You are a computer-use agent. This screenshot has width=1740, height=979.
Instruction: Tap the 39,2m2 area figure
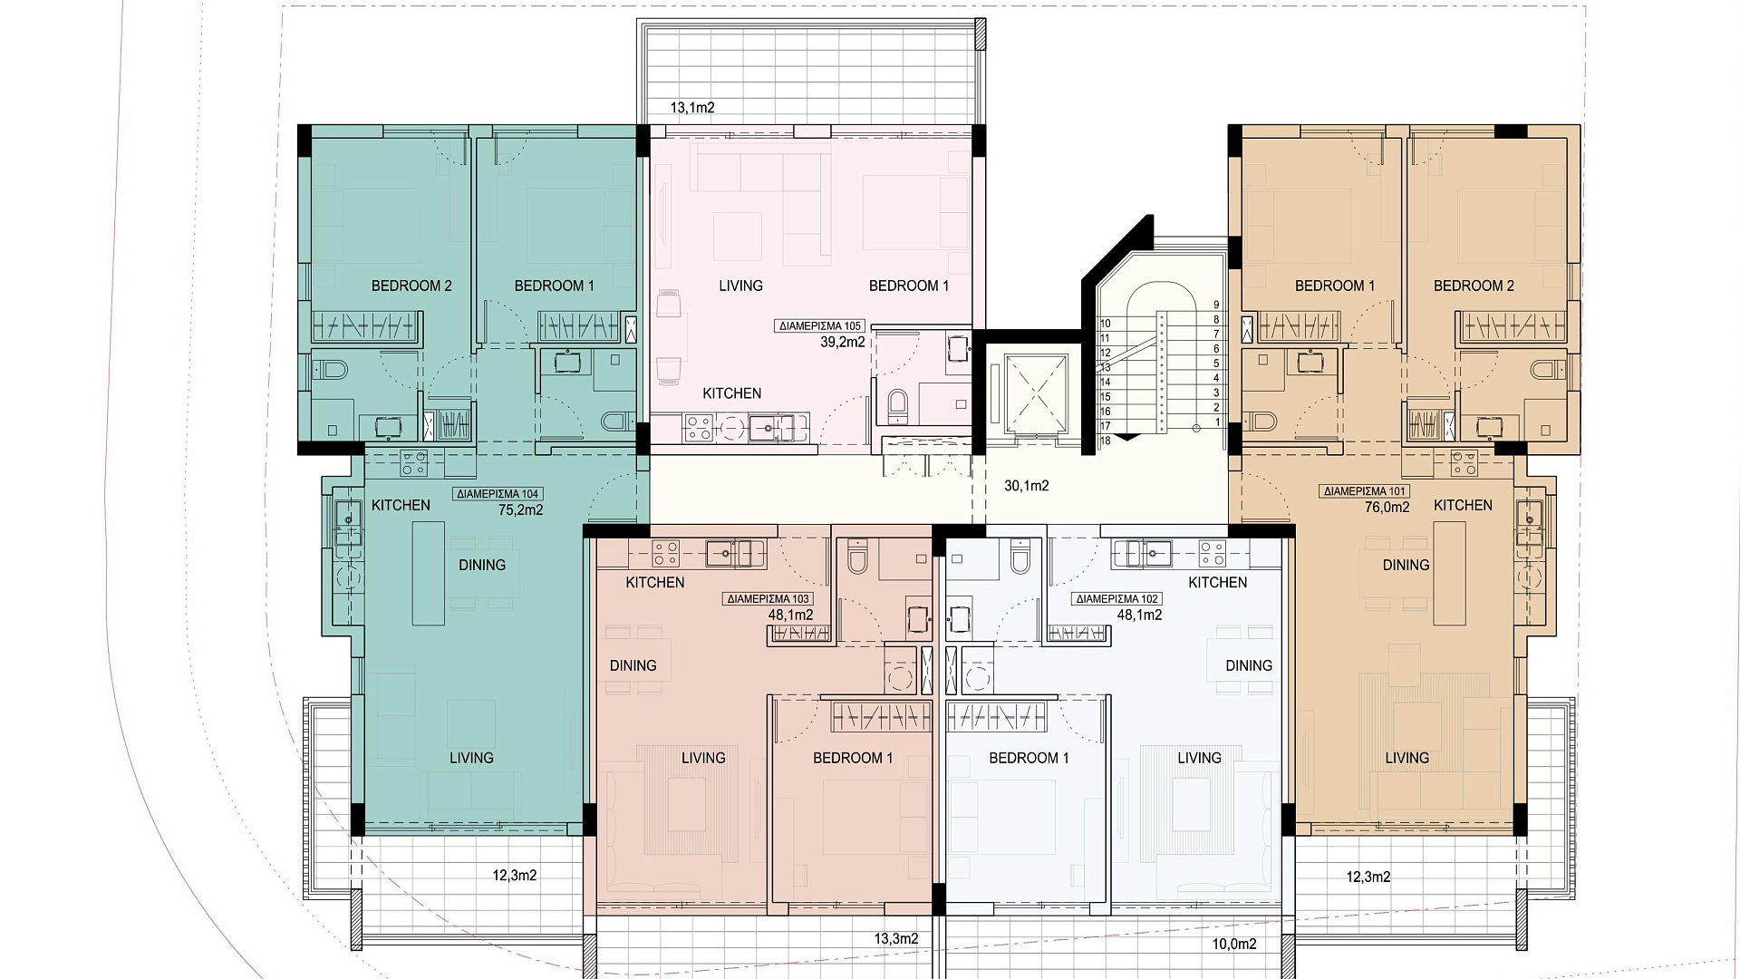[x=843, y=343]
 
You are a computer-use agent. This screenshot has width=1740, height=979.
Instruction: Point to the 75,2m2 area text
[x=520, y=509]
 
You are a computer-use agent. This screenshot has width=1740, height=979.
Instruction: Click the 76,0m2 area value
[x=1387, y=508]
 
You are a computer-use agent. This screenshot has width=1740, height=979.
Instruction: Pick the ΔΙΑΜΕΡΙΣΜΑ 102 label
[x=1116, y=599]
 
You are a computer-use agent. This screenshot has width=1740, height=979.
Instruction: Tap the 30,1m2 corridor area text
[x=1027, y=486]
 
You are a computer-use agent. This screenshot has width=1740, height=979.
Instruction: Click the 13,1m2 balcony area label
[x=692, y=108]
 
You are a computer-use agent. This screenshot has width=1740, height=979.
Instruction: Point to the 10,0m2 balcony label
[x=1234, y=945]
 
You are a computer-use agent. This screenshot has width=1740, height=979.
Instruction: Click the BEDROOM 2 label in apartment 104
[x=411, y=286]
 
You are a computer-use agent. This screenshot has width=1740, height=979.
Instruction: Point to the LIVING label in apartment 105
[x=741, y=286]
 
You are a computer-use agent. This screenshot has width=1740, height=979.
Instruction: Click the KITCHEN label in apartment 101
[x=1463, y=505]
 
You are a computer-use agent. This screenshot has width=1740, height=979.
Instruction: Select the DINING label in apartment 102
[x=1249, y=665]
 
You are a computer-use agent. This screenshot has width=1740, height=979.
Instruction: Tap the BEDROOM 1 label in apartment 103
[x=853, y=758]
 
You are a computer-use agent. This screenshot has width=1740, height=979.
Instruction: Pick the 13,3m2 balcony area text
[x=895, y=939]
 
